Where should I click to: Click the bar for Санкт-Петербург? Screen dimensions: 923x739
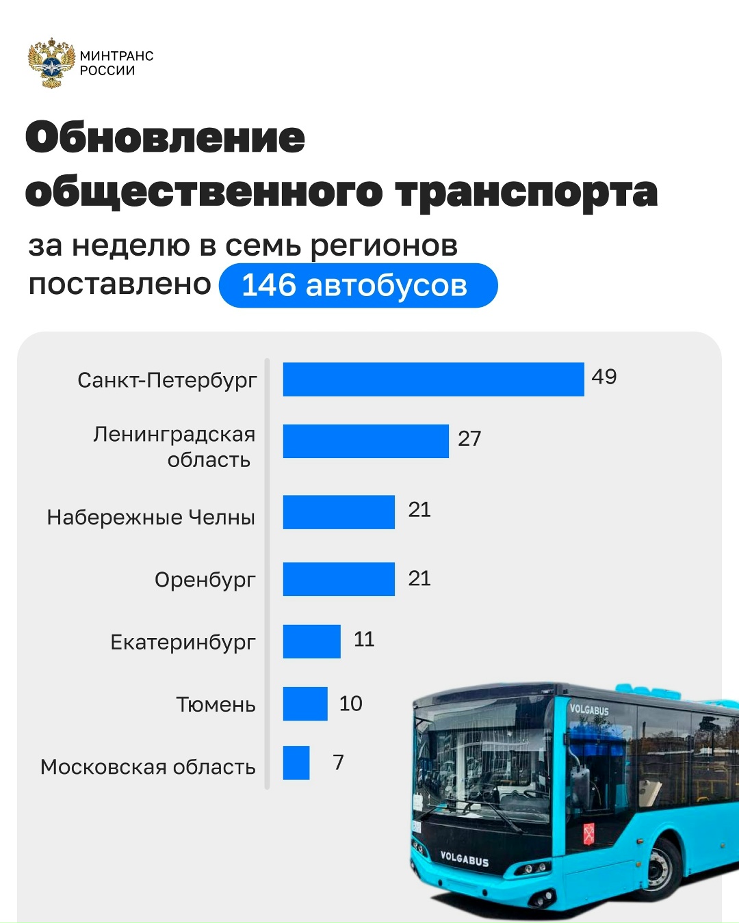pos(433,379)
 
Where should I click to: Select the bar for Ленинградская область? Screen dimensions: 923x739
pos(365,441)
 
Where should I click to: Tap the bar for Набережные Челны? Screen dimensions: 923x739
pos(339,512)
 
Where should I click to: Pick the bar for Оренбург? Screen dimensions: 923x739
pos(339,579)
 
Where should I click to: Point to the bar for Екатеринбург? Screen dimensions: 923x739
pos(311,641)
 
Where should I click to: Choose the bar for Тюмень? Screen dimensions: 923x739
pos(305,704)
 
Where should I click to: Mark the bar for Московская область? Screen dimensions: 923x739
pos(296,762)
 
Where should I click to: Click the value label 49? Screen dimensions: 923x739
pos(604,377)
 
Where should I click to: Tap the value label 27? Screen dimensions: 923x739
pos(469,438)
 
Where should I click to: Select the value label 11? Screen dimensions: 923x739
pos(364,639)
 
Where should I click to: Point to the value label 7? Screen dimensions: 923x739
pos(338,762)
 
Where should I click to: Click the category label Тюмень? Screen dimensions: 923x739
pos(216,704)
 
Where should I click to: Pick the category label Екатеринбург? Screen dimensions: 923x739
pos(183,643)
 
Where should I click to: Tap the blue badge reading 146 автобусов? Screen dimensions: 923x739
pos(358,286)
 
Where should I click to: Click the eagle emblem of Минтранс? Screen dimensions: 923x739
pos(51,63)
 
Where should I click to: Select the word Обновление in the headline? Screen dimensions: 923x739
pos(166,137)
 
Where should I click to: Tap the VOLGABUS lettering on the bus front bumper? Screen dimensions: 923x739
pos(465,859)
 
